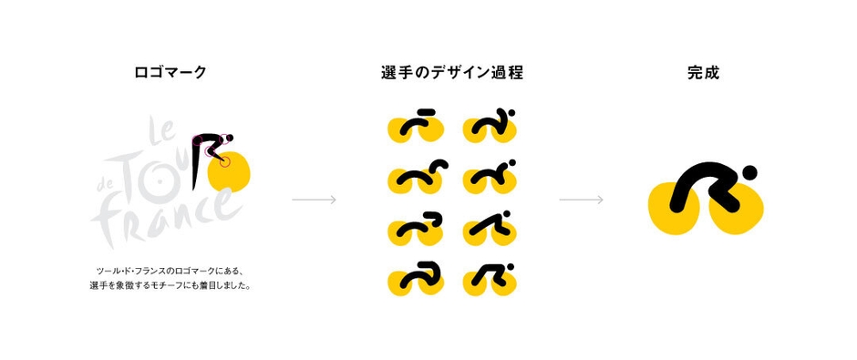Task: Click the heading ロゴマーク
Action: point(170,72)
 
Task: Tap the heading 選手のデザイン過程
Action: point(451,72)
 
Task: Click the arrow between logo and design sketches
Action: point(314,200)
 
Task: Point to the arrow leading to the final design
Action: point(581,200)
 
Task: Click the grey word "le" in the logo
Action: point(161,136)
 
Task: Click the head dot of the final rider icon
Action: point(749,172)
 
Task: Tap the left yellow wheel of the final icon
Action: point(675,207)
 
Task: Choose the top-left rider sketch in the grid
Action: point(415,128)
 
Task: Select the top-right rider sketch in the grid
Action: point(490,128)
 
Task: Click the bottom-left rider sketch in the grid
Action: point(415,278)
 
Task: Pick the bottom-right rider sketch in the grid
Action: point(490,278)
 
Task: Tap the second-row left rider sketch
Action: point(415,178)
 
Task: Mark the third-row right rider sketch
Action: point(490,228)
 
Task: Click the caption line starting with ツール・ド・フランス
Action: point(170,271)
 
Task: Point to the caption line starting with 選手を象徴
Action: point(170,285)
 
